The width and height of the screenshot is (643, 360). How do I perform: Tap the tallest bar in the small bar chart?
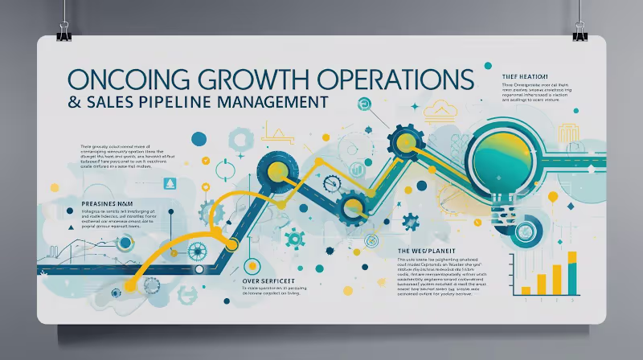click(x=571, y=273)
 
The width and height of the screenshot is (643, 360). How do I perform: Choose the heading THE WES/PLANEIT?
click(x=432, y=252)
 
